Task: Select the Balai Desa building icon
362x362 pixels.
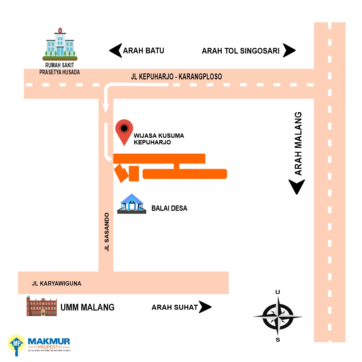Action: (x=132, y=204)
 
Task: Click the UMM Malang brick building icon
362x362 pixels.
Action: (x=42, y=306)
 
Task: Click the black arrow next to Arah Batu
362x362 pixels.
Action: (x=116, y=50)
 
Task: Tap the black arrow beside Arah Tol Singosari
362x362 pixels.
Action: (x=289, y=50)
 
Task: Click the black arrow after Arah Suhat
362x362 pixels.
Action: (x=205, y=307)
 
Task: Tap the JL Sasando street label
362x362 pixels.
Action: (x=106, y=232)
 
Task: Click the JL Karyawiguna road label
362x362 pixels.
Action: (x=57, y=284)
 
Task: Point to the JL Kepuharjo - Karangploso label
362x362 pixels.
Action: (x=176, y=76)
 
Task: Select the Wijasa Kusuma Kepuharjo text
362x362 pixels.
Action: (x=159, y=139)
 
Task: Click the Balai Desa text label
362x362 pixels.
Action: (x=169, y=208)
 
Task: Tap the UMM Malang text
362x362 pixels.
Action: (x=87, y=307)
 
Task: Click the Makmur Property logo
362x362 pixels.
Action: (x=39, y=345)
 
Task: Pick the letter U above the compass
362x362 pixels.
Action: (x=278, y=292)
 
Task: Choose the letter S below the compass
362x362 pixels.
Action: (x=278, y=340)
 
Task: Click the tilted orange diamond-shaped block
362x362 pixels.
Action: (x=121, y=173)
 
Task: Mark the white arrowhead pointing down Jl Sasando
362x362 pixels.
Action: (x=106, y=108)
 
